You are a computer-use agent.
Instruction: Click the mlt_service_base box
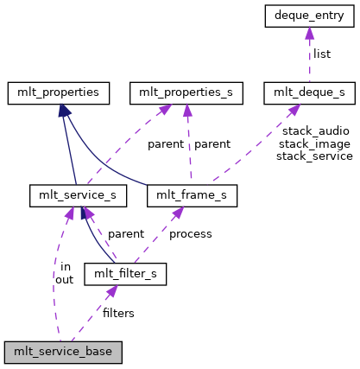point(63,353)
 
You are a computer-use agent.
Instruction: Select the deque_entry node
point(308,15)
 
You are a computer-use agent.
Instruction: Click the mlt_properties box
point(60,91)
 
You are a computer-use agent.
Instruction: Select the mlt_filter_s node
point(125,275)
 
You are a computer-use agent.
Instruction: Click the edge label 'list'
point(322,54)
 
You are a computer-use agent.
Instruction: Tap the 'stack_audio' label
point(314,130)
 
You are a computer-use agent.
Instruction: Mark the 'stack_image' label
point(314,143)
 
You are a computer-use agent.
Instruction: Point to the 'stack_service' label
point(314,156)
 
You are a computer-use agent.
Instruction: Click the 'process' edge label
point(191,233)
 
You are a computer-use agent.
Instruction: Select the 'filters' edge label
point(118,313)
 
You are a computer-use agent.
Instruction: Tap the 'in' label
point(66,266)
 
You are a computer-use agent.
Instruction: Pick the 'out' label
point(65,279)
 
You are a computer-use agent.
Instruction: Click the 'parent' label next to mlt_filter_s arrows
point(126,233)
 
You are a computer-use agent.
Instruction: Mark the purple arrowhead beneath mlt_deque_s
point(294,108)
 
